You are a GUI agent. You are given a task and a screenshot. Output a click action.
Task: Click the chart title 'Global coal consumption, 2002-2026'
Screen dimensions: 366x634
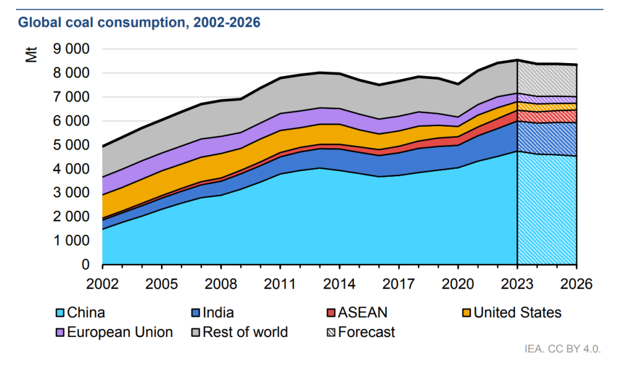[x=139, y=23]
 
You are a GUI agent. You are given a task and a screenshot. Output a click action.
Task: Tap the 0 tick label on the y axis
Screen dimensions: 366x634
[x=84, y=265]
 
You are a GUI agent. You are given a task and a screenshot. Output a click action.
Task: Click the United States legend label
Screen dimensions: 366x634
[x=517, y=313]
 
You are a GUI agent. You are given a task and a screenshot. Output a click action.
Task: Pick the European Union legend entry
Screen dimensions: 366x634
[x=119, y=333]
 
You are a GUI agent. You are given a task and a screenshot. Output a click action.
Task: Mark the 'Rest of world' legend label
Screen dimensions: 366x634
[x=246, y=333]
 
